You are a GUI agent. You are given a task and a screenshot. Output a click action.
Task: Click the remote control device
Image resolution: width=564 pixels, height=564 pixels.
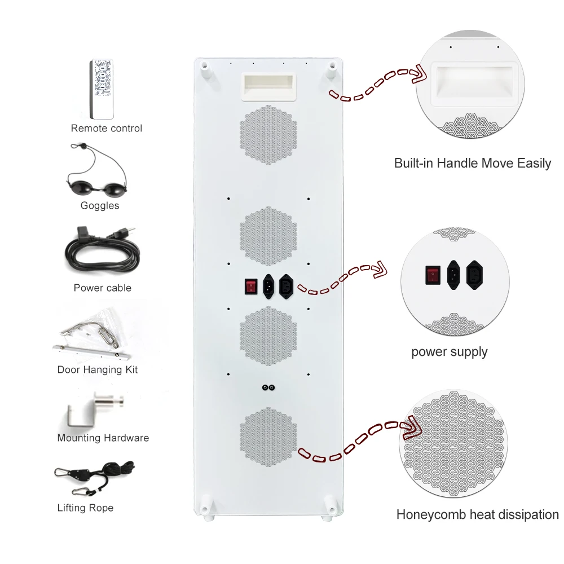102,89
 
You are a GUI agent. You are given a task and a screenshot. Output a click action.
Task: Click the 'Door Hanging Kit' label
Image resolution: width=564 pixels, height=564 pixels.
98,370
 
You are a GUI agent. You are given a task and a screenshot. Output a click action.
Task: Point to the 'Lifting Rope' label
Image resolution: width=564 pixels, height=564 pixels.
85,508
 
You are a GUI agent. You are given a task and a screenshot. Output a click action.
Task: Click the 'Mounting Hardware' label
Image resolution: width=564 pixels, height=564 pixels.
103,438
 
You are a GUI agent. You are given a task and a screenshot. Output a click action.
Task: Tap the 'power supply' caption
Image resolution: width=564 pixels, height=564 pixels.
449,352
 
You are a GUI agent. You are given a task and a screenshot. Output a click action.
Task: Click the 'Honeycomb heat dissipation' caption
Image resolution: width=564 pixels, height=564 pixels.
477,514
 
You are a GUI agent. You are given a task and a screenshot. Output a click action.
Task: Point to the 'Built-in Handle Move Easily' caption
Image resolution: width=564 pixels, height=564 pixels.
473,164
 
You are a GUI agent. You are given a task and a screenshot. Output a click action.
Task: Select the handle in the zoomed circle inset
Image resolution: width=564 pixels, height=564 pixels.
473,84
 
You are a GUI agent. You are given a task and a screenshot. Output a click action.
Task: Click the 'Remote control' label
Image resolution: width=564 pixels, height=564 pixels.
106,128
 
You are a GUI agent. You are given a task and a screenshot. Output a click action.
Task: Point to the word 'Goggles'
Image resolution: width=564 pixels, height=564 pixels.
100,205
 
